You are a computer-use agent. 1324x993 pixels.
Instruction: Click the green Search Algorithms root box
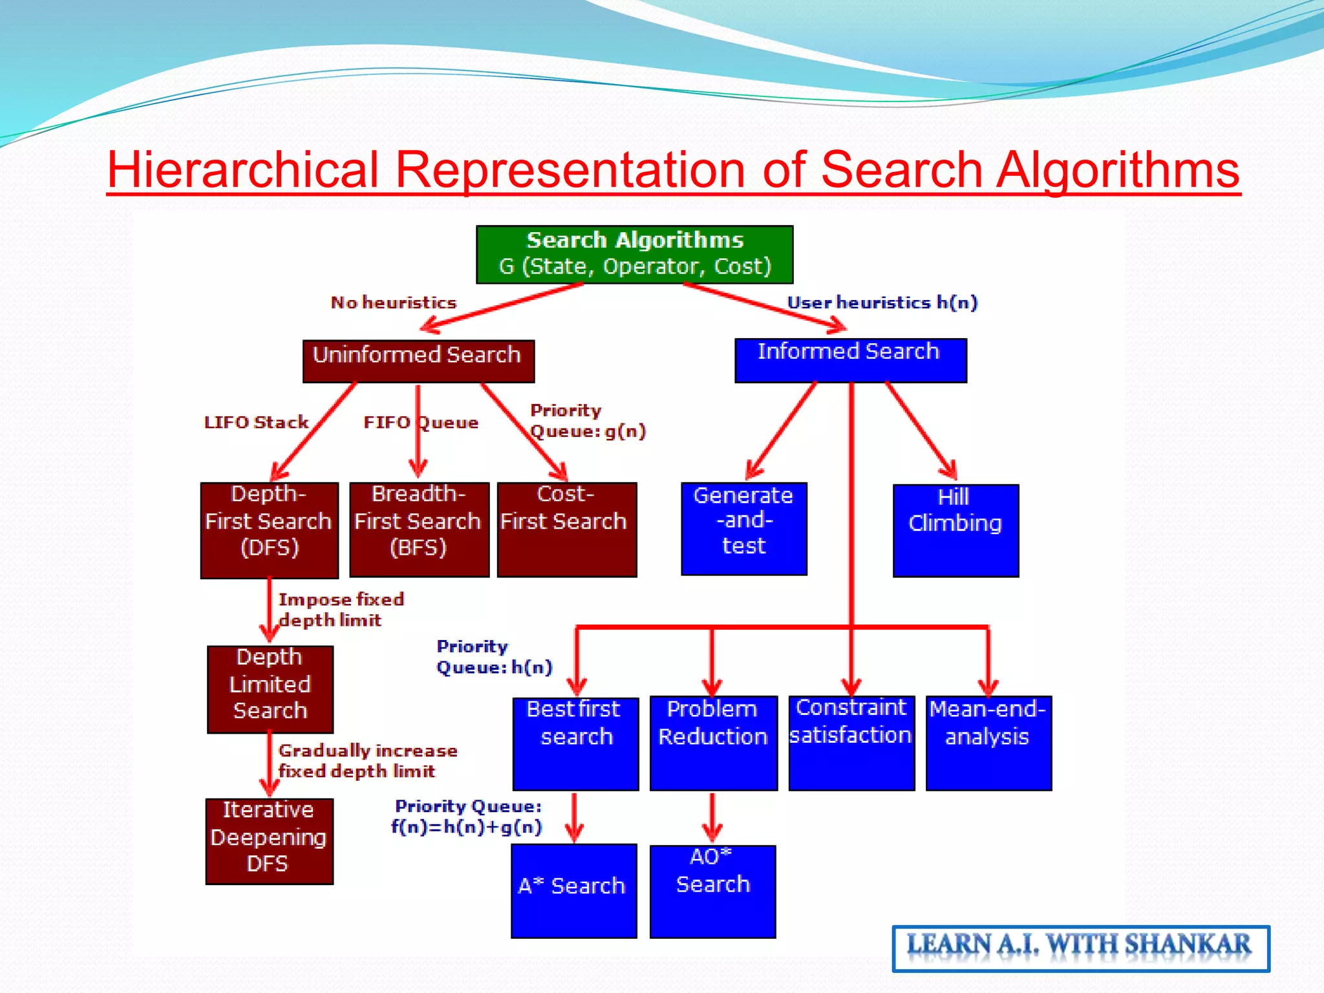point(634,254)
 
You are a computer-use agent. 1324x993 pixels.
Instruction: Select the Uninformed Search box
point(418,361)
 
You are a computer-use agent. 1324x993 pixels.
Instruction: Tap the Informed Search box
point(850,360)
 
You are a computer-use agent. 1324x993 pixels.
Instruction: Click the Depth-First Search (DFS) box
point(269,529)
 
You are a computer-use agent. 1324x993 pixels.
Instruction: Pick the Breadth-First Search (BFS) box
point(419,529)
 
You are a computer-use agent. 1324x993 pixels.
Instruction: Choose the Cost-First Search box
point(566,529)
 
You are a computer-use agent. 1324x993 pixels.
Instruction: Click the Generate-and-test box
point(743,528)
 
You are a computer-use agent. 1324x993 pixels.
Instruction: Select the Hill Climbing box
point(956,530)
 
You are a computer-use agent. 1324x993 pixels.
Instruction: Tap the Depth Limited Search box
point(270,689)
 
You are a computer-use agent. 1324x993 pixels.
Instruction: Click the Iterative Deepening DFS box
point(269,840)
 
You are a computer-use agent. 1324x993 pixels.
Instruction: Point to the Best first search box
point(575,743)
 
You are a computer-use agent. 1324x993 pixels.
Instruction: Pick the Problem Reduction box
point(713,743)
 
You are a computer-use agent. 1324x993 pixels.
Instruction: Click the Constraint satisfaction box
point(851,743)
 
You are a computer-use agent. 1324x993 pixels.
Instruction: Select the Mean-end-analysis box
point(988,743)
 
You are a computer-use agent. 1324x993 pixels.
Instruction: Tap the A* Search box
point(573,890)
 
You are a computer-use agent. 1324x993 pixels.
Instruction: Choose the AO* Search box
point(712,891)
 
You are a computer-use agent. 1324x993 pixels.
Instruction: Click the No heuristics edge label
point(393,303)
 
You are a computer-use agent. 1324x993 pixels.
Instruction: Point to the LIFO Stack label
point(256,422)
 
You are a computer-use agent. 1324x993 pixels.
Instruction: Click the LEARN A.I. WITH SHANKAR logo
point(1080,948)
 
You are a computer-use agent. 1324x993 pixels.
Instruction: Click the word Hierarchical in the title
point(242,170)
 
